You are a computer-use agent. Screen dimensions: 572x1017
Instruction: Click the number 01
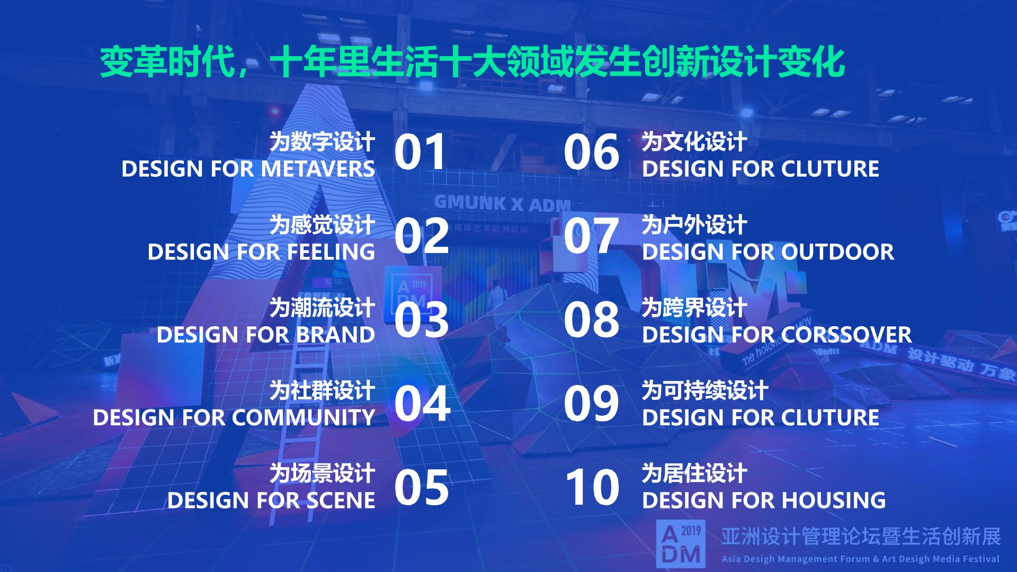pyautogui.click(x=420, y=153)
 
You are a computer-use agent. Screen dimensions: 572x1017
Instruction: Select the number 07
pyautogui.click(x=591, y=236)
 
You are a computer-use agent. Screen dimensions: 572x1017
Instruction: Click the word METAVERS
pyautogui.click(x=318, y=169)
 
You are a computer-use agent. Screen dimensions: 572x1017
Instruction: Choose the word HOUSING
pyautogui.click(x=834, y=501)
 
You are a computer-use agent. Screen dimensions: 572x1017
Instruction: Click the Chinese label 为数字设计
pyautogui.click(x=322, y=142)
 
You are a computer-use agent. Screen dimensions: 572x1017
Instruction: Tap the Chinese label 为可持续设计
pyautogui.click(x=704, y=391)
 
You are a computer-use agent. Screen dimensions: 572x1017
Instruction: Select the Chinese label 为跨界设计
pyautogui.click(x=694, y=308)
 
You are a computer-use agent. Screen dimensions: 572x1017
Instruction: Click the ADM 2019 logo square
pyautogui.click(x=681, y=543)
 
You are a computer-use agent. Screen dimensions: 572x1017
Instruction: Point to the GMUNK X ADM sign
pyautogui.click(x=502, y=203)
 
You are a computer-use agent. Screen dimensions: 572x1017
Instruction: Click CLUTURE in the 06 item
pyautogui.click(x=830, y=169)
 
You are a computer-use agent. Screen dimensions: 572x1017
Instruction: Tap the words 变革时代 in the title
pyautogui.click(x=167, y=62)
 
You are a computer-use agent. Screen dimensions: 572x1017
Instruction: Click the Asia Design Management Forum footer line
pyautogui.click(x=860, y=559)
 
